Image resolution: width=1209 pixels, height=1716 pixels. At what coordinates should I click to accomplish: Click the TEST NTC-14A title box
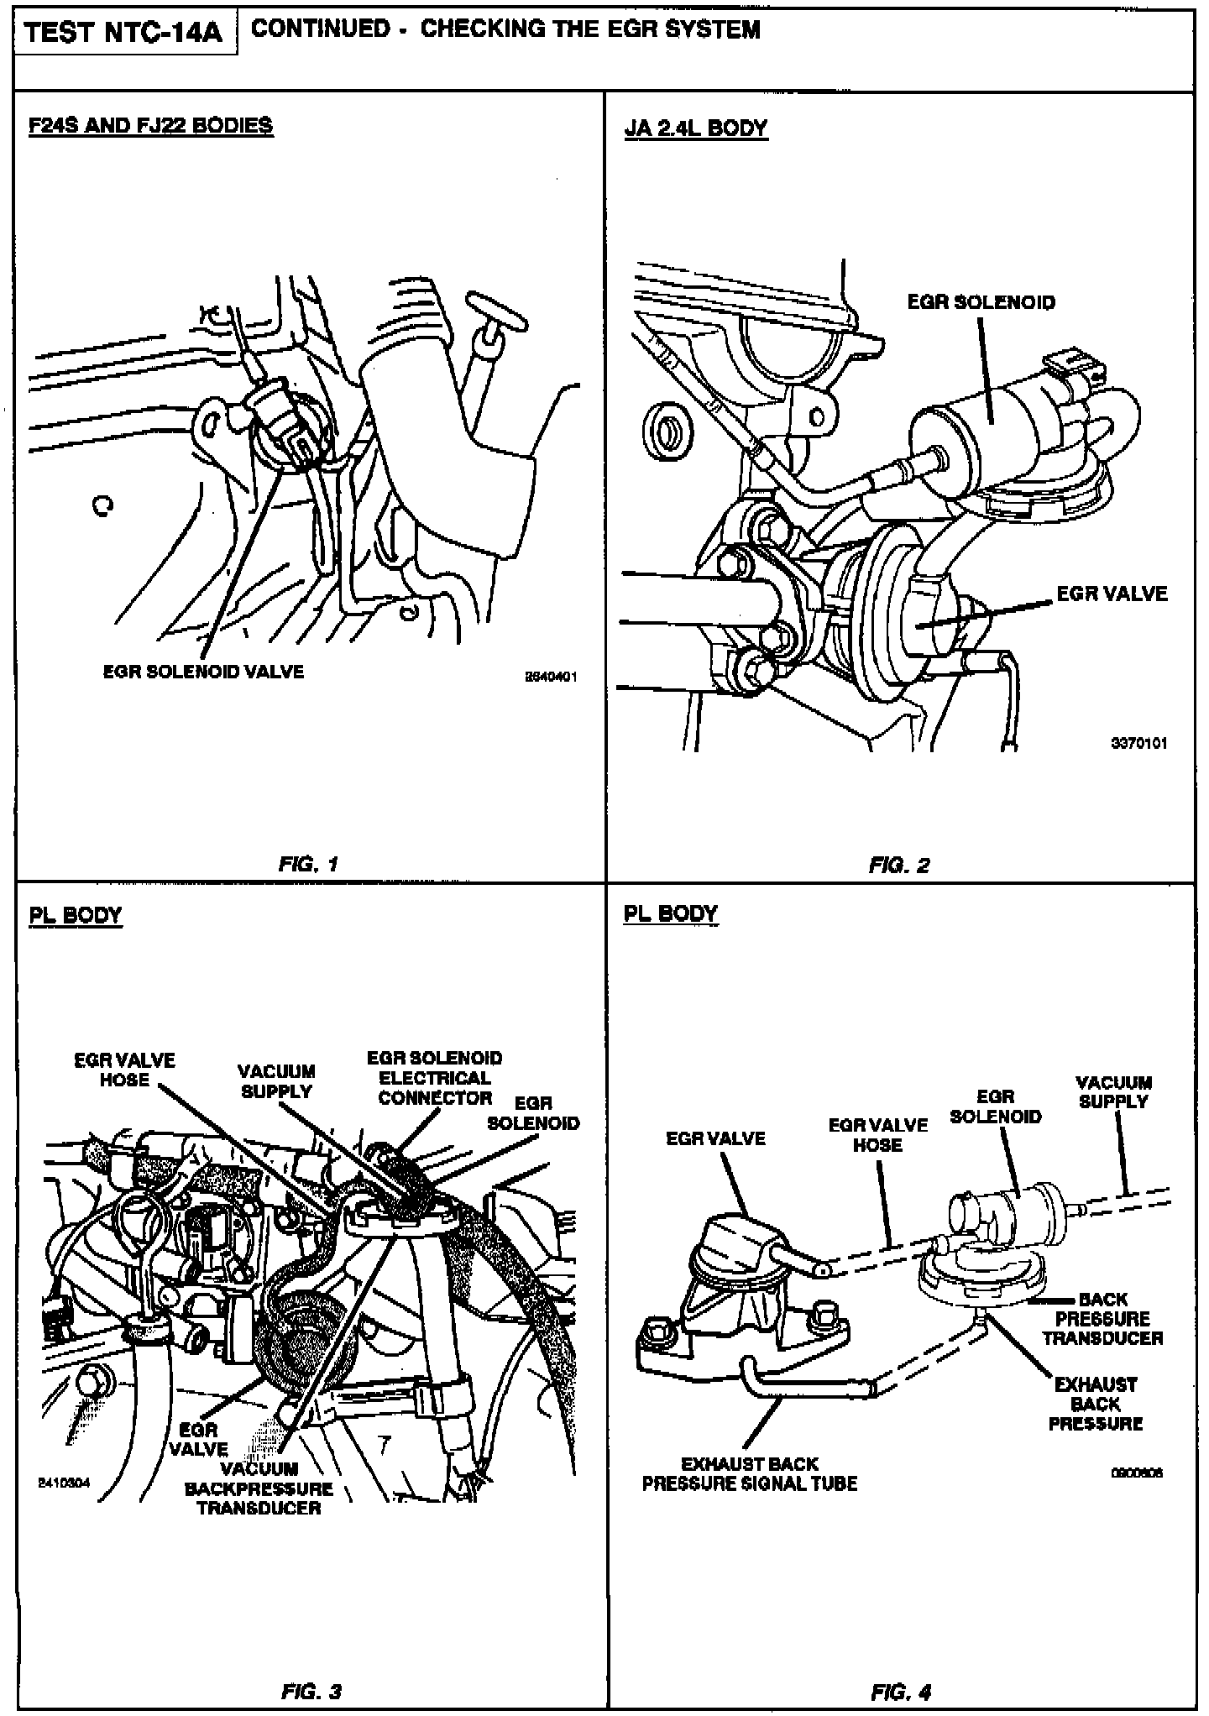coord(124,34)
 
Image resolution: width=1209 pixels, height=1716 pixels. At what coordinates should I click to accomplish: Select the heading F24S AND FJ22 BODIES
coord(151,126)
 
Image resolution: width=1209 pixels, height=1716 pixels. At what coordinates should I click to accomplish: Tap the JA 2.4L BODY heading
coord(696,128)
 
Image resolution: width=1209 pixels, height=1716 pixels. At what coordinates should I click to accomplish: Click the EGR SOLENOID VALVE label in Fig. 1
coord(203,672)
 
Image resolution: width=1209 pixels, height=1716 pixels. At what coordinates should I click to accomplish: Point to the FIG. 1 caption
coord(308,864)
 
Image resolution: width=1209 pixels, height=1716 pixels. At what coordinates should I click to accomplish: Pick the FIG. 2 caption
coord(899,865)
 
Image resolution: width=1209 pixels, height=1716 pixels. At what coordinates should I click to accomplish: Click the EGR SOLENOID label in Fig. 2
coord(981,302)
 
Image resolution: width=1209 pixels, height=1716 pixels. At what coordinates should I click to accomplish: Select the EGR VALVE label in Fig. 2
coord(1112,594)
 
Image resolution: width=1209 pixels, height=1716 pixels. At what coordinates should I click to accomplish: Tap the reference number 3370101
coord(1138,743)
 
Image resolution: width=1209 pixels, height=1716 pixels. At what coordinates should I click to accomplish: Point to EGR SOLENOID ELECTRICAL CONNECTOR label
coord(435,1078)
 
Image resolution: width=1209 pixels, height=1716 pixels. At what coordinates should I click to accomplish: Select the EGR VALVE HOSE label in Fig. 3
coord(124,1070)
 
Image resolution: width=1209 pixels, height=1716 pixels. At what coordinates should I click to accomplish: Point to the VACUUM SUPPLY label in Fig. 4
coord(1113,1091)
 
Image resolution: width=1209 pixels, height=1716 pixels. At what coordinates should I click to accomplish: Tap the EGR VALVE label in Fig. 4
coord(715,1138)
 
